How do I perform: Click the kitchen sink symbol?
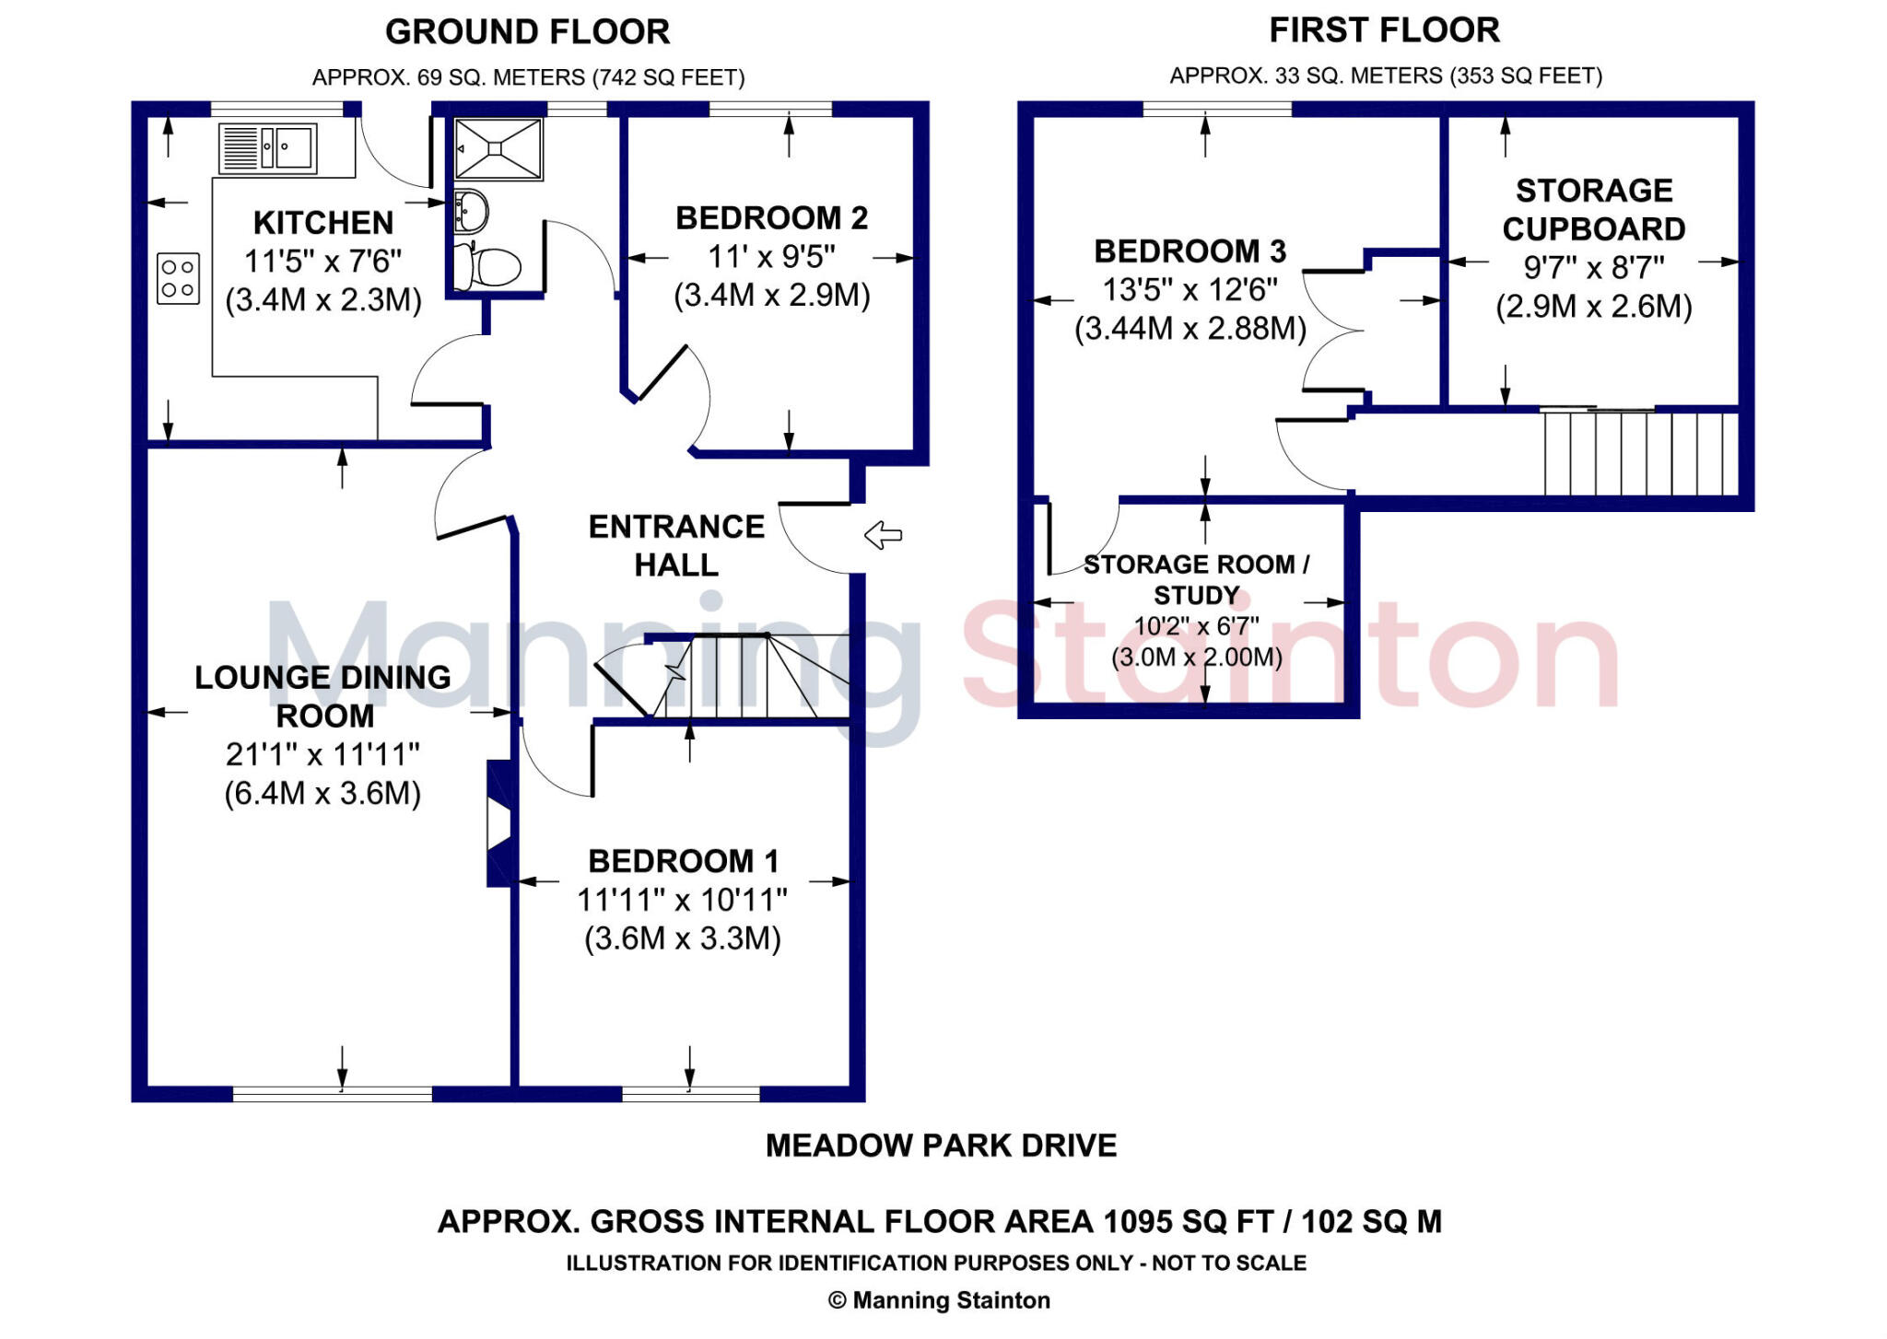(x=268, y=148)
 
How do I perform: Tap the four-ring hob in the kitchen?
(x=178, y=278)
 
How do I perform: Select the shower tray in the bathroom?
(x=498, y=149)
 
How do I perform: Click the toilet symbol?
(x=493, y=267)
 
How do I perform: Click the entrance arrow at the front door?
(x=883, y=535)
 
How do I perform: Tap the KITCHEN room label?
(x=323, y=223)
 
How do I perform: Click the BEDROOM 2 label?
(x=771, y=218)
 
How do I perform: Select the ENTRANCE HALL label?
(x=676, y=545)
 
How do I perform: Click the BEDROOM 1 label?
(x=684, y=861)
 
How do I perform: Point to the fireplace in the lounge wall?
(x=498, y=823)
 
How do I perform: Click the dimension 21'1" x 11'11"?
(x=322, y=754)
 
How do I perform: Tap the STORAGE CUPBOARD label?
(x=1594, y=210)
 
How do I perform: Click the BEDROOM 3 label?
(x=1190, y=251)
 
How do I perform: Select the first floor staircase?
(x=1640, y=453)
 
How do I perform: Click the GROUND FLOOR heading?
(x=527, y=32)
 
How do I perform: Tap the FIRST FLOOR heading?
(x=1384, y=30)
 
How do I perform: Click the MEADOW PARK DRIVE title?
(x=941, y=1146)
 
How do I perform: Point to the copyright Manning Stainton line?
(x=939, y=1300)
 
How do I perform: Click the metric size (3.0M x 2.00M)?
(x=1197, y=658)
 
